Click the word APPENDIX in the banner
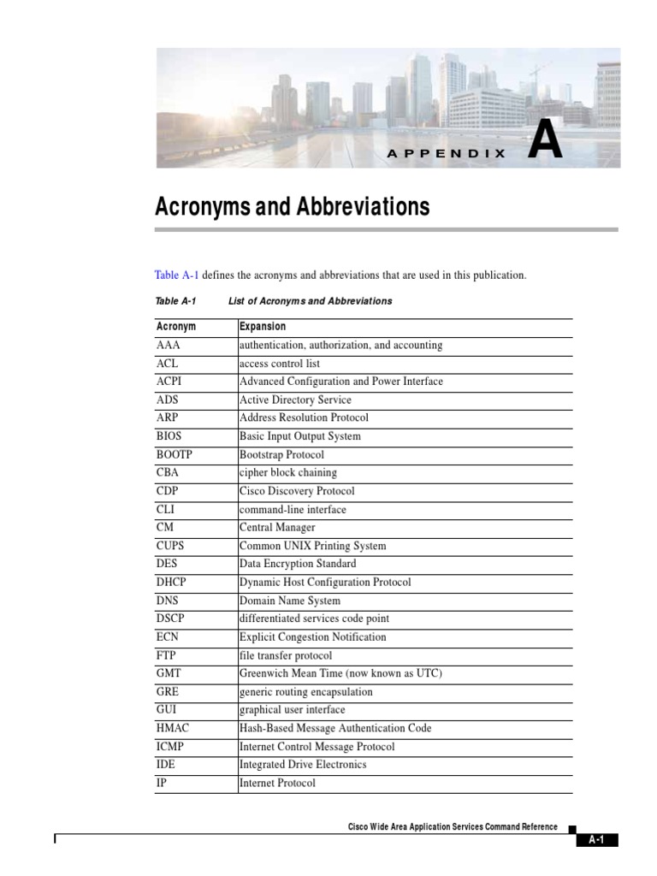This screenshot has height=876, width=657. [447, 154]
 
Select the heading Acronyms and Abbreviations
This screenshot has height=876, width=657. [292, 207]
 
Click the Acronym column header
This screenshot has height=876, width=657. [176, 327]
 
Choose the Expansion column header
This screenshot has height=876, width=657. [263, 327]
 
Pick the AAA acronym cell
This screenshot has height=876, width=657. [169, 346]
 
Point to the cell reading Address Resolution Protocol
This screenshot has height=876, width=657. [304, 418]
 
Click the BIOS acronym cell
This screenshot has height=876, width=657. [169, 436]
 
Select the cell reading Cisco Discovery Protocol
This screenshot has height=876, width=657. [297, 491]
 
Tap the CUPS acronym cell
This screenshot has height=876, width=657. [170, 546]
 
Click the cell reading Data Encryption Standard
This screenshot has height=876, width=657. [298, 564]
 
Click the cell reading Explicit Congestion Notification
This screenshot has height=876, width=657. [312, 637]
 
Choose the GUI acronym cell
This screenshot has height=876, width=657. [167, 710]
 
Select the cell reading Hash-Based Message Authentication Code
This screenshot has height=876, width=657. [335, 728]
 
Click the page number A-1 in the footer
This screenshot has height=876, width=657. [596, 840]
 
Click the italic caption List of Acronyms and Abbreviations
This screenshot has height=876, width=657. [310, 301]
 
